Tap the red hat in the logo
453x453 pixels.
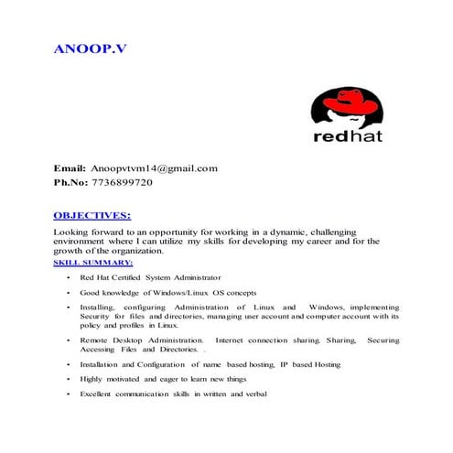tap(346, 103)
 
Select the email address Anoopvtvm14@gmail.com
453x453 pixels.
tap(153, 168)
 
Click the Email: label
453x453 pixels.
tap(70, 168)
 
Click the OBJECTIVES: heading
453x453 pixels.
tap(92, 216)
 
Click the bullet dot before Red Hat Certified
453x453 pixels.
tap(69, 276)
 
